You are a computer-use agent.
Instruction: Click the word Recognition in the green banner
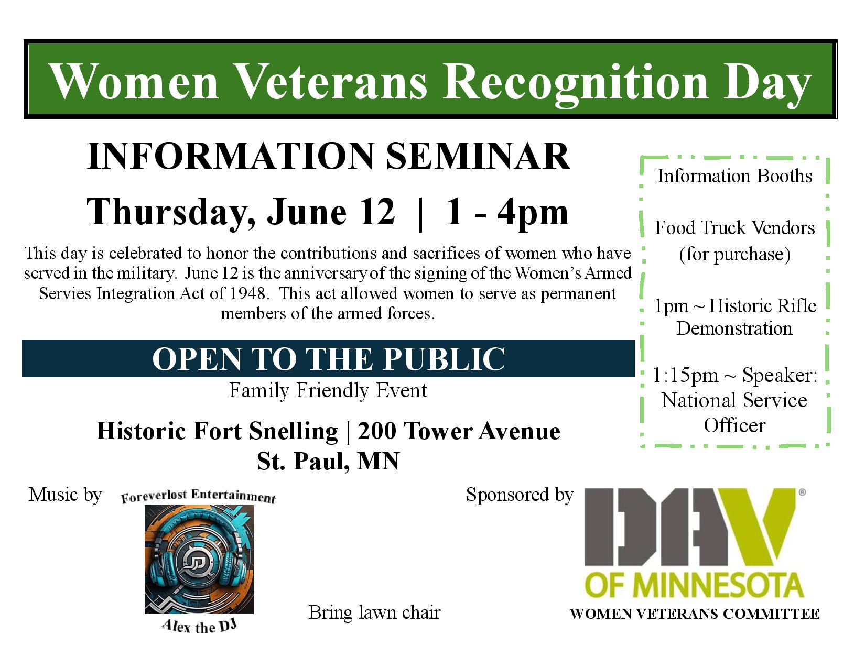tap(575, 82)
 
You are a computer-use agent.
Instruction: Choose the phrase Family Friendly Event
tap(328, 390)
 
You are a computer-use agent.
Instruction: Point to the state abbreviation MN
tap(378, 462)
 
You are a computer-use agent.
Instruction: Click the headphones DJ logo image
tap(199, 560)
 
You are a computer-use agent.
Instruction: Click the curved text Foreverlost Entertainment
tap(198, 496)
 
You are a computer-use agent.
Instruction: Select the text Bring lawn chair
tap(375, 612)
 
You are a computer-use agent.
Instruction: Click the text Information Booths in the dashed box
tap(735, 176)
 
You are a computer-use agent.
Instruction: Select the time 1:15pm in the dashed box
tap(686, 376)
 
